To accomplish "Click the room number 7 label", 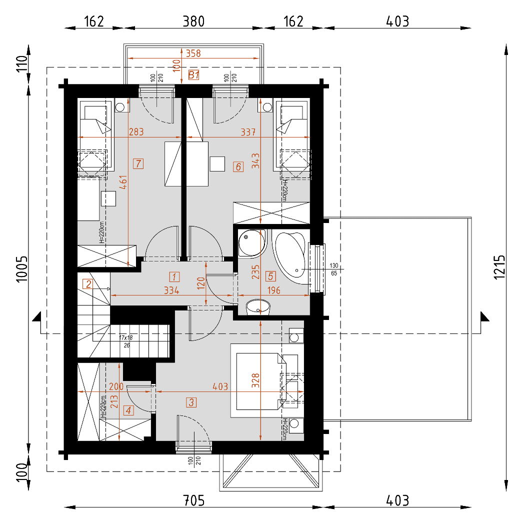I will [138, 163].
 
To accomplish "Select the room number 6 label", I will [238, 166].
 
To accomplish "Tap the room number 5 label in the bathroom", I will [271, 275].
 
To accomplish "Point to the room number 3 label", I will [191, 401].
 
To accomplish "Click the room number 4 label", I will [129, 410].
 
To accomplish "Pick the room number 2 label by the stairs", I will [88, 284].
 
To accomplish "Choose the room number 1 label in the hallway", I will [174, 276].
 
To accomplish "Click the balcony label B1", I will [194, 75].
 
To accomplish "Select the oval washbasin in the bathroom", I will [257, 306].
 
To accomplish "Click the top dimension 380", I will [193, 21].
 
